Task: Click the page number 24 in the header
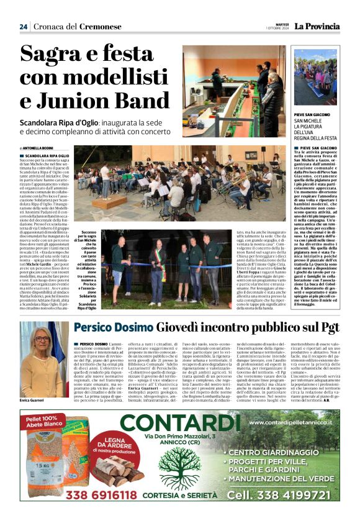(x=23, y=27)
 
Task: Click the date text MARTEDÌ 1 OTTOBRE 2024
(x=278, y=27)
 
